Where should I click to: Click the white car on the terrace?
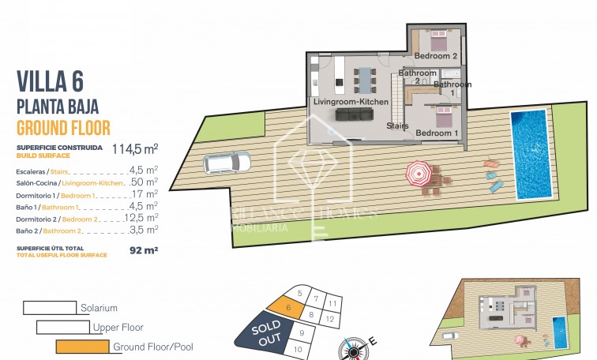(227, 163)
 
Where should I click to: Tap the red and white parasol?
(419, 171)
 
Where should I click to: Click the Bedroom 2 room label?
(437, 56)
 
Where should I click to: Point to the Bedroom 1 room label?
(437, 133)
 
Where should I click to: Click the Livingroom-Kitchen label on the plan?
(351, 103)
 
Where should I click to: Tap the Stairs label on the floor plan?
(397, 126)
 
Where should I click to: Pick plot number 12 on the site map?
(332, 318)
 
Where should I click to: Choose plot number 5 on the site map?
(299, 293)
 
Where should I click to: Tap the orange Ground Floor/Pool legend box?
(82, 346)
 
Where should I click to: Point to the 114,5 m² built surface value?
(134, 148)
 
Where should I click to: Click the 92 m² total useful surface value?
(143, 250)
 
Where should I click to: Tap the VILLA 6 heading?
(50, 82)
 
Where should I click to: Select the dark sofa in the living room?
(353, 115)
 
